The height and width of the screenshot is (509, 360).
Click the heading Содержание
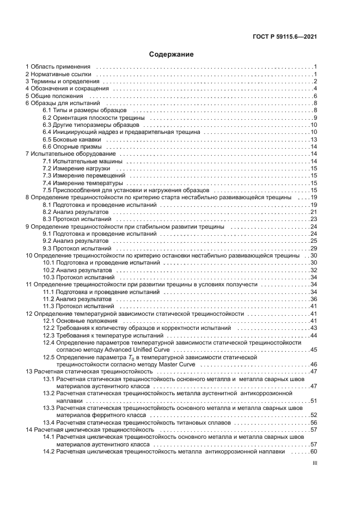coord(172,54)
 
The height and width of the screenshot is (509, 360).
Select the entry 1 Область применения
coord(60,67)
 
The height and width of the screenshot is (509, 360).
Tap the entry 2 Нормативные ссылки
coord(60,74)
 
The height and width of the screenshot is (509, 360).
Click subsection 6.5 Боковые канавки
coord(69,139)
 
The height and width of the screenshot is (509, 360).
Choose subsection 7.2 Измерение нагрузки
coord(72,169)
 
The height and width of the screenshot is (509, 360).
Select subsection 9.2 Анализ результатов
coord(71,241)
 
